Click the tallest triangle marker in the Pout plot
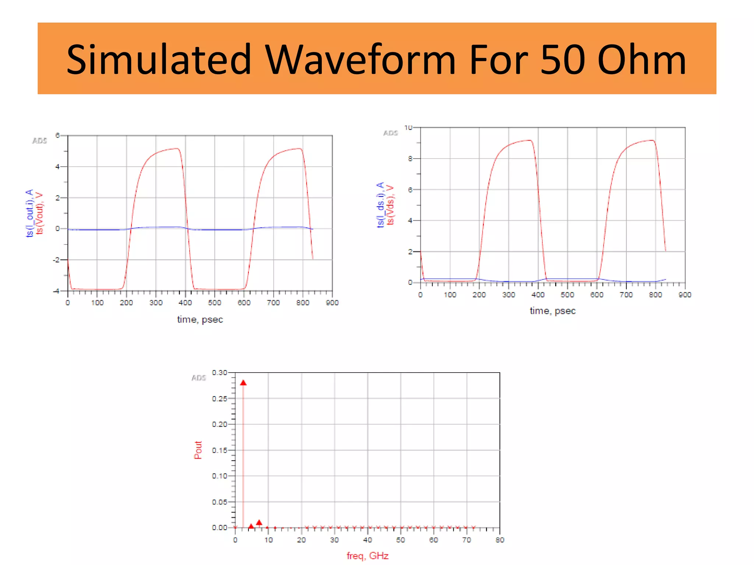pos(243,383)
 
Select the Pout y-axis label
pos(198,450)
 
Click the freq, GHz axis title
pos(367,555)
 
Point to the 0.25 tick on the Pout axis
pos(219,399)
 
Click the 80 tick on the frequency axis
pos(500,540)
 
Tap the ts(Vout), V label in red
pos(40,213)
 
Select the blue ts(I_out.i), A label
pos(30,213)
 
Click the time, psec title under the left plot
pos(200,319)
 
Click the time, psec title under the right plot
pos(552,311)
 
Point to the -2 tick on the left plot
pos(56,260)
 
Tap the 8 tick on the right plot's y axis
pos(410,159)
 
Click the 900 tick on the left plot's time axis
pos(332,303)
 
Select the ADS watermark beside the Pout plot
pos(198,378)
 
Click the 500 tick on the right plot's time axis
pos(567,295)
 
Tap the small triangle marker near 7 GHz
pos(259,523)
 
